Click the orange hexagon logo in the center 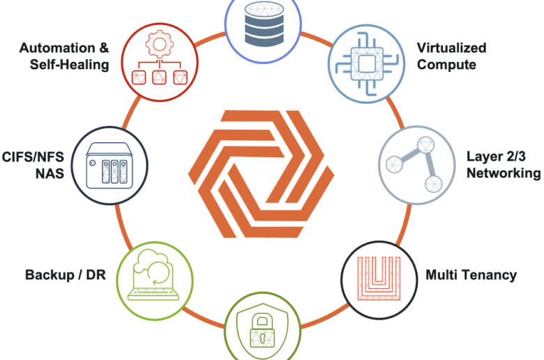click(x=261, y=174)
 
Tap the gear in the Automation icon click(x=160, y=44)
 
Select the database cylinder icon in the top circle click(x=264, y=24)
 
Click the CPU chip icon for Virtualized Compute click(x=366, y=64)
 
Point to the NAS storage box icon click(x=109, y=165)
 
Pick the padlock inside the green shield click(x=262, y=331)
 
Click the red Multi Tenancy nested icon click(x=379, y=278)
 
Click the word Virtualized click(x=451, y=48)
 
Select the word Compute click(x=446, y=65)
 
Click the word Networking click(x=504, y=173)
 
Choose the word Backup click(x=50, y=275)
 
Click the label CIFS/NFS click(x=33, y=157)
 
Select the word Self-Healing click(x=69, y=65)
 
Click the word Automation click(x=57, y=48)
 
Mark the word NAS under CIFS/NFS click(x=50, y=173)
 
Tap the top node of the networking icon click(x=425, y=144)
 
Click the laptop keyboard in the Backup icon click(x=153, y=295)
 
